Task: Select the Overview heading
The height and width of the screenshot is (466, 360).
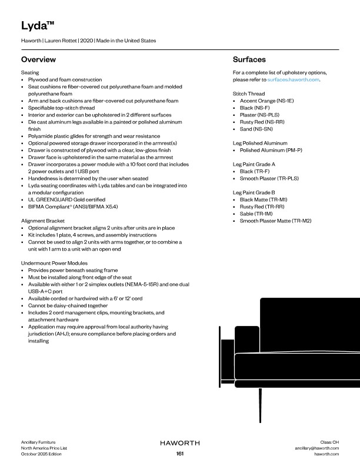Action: pos(38,60)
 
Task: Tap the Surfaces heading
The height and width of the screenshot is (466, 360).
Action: pos(249,60)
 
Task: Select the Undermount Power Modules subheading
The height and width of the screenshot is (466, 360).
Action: pos(54,262)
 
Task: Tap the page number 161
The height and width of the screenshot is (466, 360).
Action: pos(180,454)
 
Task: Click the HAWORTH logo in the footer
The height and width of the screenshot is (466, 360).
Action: pos(180,442)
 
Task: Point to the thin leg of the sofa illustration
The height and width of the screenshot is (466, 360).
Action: pos(259,405)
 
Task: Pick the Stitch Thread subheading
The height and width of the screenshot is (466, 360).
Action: pos(248,94)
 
